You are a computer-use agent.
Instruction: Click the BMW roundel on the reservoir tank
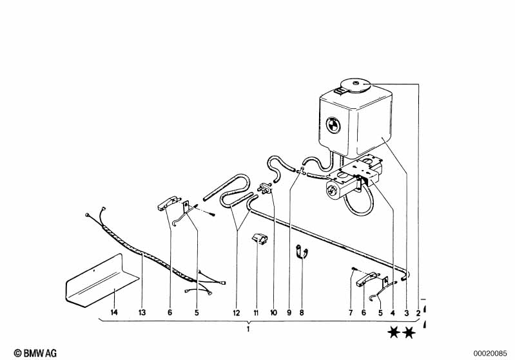coord(333,125)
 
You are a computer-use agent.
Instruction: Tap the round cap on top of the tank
coord(356,85)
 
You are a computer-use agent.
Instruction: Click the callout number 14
coord(113,312)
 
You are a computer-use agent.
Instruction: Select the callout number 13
coord(142,312)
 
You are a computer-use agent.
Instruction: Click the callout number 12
coord(237,313)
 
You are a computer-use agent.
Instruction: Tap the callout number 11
coord(256,313)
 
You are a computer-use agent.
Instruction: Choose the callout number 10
coord(273,313)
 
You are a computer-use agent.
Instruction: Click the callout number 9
coord(289,313)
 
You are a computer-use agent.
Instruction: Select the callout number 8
coord(302,313)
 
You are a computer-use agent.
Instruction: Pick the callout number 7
coord(351,313)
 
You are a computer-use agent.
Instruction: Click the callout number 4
coord(393,313)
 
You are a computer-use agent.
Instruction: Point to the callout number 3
coord(406,313)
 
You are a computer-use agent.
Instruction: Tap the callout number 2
coord(418,313)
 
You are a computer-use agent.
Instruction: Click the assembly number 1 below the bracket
coord(248,329)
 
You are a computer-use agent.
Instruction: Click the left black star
coord(394,333)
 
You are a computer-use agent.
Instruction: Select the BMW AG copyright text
coord(35,353)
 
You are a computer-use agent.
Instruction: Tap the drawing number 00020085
coord(490,354)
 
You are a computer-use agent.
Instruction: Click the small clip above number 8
coord(302,252)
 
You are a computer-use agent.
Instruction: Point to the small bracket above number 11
coord(260,238)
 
